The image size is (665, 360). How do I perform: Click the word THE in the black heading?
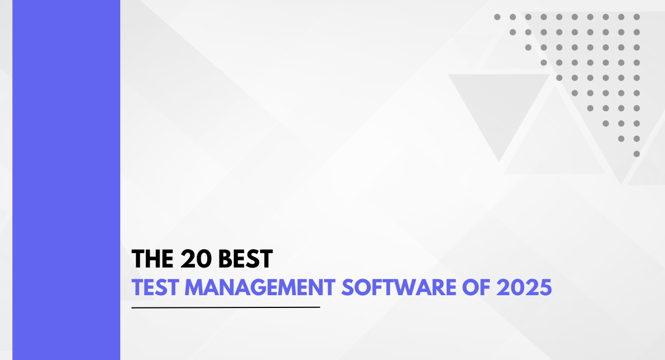point(152,259)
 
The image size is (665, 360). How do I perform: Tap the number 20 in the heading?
point(196,259)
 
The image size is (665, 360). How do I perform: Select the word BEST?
point(245,259)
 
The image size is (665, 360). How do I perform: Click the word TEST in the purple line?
point(155,287)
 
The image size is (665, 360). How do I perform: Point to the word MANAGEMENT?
point(260,287)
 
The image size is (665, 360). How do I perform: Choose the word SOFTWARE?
point(398,287)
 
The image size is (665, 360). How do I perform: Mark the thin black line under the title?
point(226,307)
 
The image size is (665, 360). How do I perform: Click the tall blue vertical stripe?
point(66,180)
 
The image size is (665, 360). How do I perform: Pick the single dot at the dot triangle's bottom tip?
point(637,154)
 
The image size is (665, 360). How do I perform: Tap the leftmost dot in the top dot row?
point(497,17)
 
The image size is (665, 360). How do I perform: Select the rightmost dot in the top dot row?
point(637,17)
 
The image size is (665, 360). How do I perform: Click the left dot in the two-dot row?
point(621,138)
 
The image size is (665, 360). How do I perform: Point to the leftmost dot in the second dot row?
point(513,32)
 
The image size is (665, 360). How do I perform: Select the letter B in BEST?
point(225,259)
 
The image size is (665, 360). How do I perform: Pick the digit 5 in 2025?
point(546,287)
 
